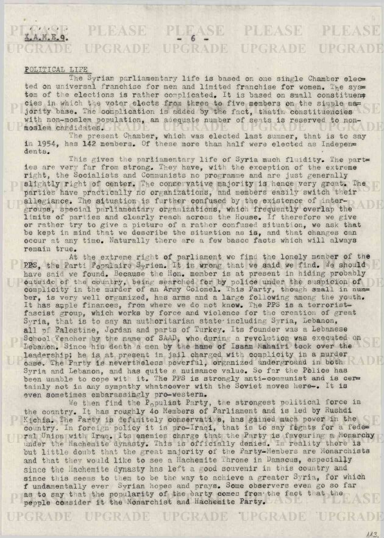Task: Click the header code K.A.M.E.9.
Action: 46,38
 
